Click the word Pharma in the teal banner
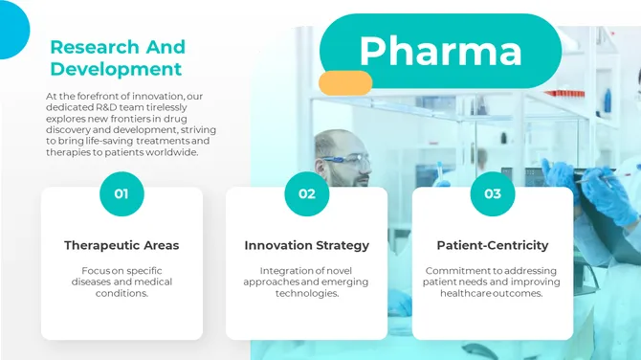pos(440,50)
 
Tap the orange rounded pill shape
pos(344,83)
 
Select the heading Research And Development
pos(118,57)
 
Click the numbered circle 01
pos(122,193)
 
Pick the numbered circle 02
pos(306,193)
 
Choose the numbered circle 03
pos(492,193)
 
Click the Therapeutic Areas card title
pos(122,246)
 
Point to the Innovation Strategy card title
pos(306,246)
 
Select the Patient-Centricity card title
pos(492,246)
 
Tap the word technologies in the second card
pos(306,294)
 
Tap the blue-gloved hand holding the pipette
pos(564,177)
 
